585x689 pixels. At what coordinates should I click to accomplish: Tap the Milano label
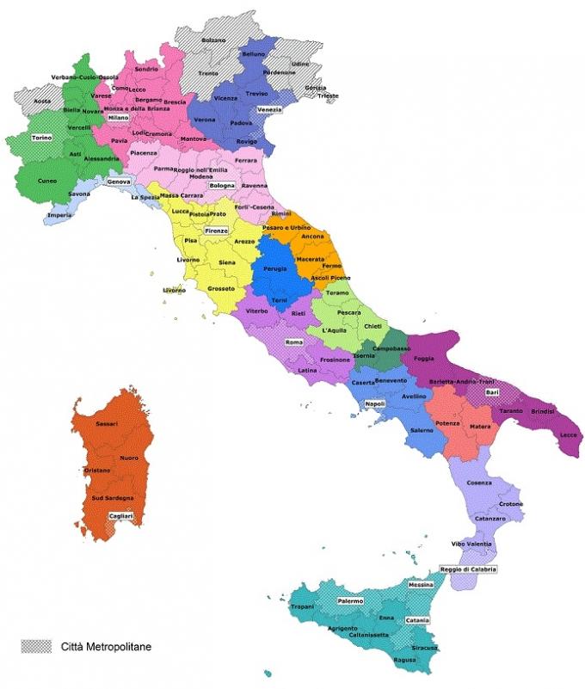click(x=118, y=118)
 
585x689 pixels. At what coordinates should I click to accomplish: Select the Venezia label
click(x=269, y=110)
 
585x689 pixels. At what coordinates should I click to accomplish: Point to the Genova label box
click(x=118, y=182)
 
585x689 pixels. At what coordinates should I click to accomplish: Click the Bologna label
click(x=222, y=186)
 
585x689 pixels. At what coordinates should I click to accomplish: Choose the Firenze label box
click(x=215, y=231)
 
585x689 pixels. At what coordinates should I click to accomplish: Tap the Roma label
click(x=295, y=342)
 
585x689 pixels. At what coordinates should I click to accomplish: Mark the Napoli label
click(x=374, y=403)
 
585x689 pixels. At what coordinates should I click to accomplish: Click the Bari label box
click(x=492, y=393)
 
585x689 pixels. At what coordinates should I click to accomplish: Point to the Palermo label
click(x=349, y=600)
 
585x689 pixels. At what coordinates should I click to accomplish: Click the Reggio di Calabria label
click(x=468, y=569)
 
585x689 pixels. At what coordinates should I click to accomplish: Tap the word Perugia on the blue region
click(x=274, y=269)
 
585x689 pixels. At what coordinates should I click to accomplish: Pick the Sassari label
click(x=107, y=424)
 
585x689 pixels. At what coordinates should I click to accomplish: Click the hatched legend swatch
click(x=37, y=644)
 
